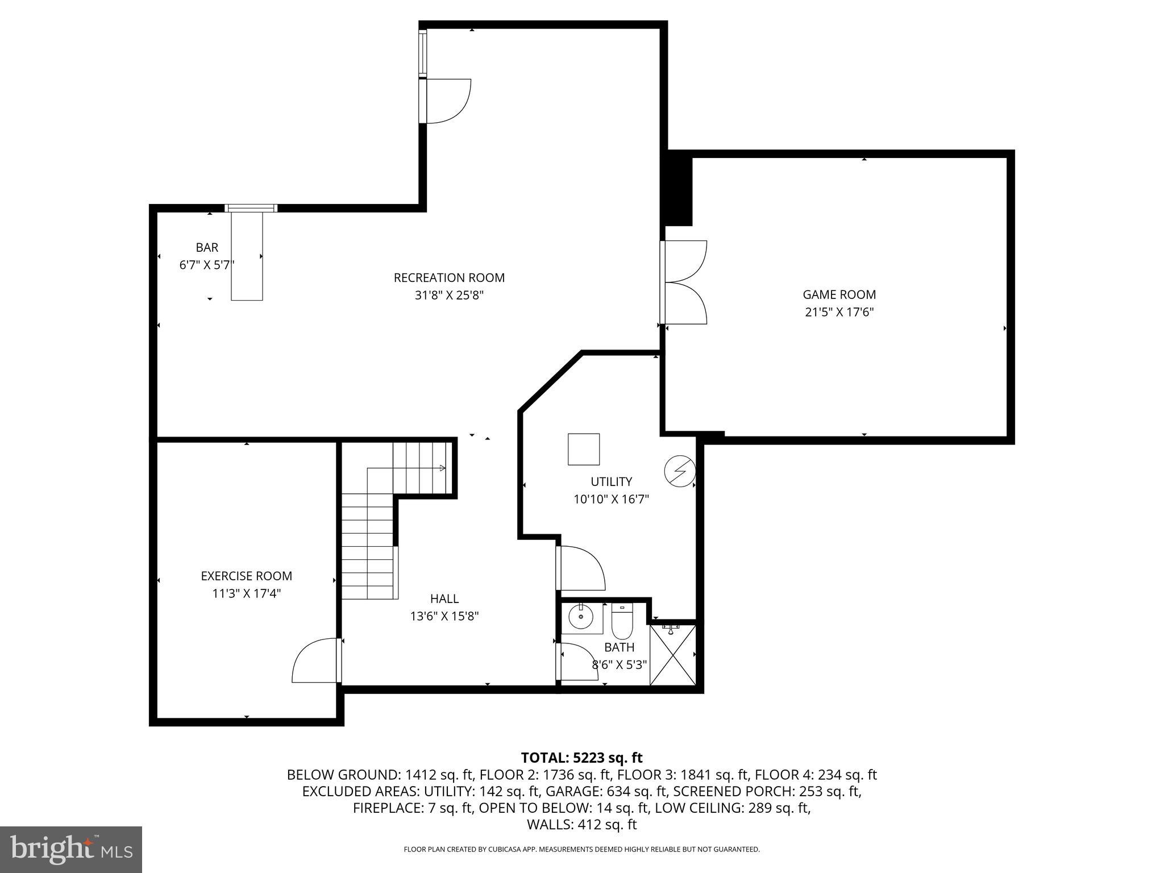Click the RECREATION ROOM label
click(449, 278)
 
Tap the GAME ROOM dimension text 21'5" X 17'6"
click(839, 312)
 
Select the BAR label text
click(207, 247)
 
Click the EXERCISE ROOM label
click(246, 576)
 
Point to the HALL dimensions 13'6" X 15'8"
click(444, 616)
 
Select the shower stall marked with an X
click(673, 655)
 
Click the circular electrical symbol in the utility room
click(680, 471)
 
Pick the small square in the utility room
click(584, 449)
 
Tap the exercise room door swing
click(316, 662)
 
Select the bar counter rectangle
click(247, 256)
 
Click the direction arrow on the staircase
click(442, 468)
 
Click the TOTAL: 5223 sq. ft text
click(581, 758)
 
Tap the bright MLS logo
click(71, 849)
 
